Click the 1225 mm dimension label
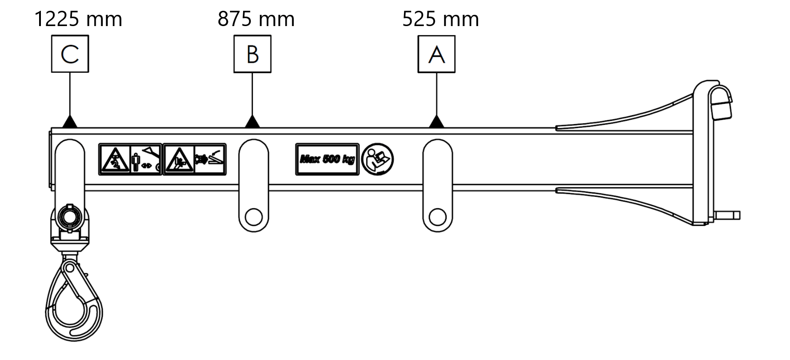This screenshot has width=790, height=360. point(78,19)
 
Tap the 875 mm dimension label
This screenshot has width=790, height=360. point(256,19)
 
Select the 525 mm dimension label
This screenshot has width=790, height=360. point(440,19)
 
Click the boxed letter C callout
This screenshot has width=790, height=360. point(70,54)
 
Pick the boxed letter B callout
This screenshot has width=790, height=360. point(253,54)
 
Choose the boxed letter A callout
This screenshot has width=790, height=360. point(436,54)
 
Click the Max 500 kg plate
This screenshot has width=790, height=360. point(327,159)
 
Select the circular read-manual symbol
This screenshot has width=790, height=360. point(377,159)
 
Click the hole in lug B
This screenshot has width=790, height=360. point(253,217)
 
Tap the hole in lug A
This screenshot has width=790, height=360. point(437,217)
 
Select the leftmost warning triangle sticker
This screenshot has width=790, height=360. point(115,160)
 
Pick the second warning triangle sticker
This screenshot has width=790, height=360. point(179,160)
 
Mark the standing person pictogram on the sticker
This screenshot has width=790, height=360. point(136,162)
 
